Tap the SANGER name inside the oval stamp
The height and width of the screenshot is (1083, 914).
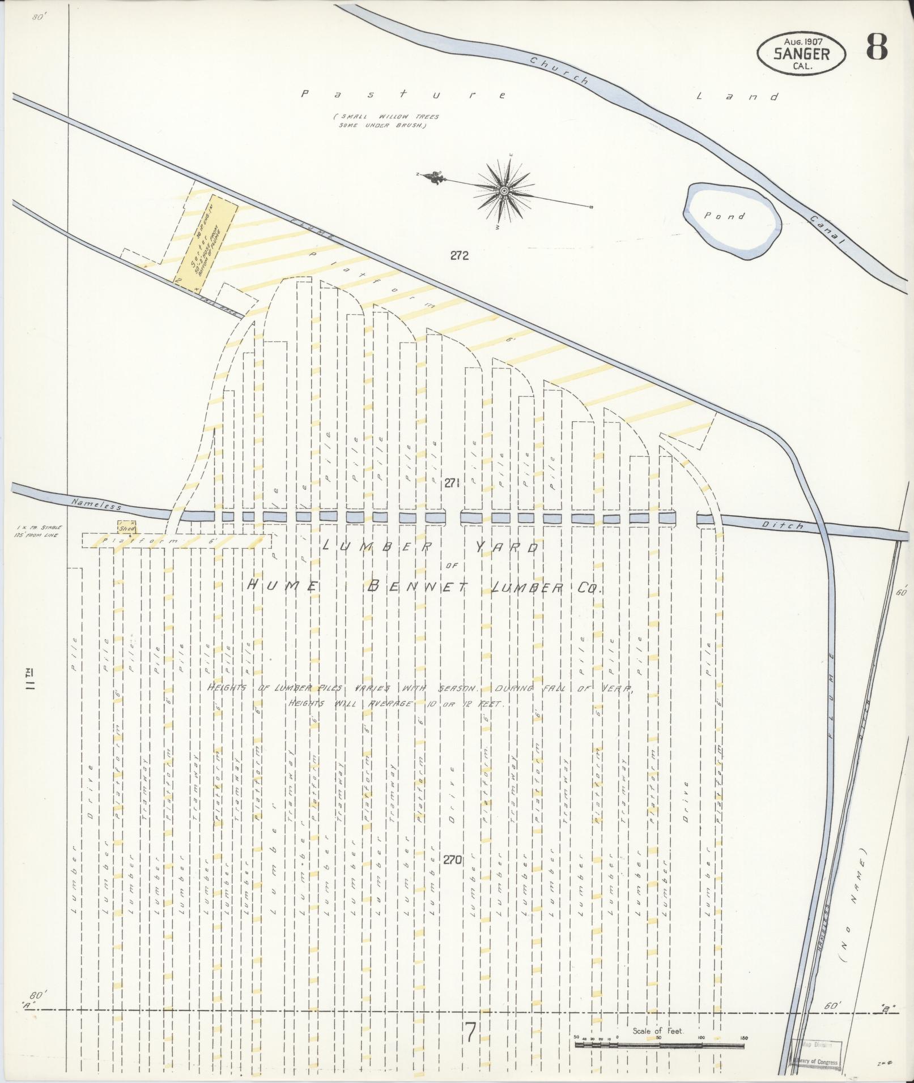pyautogui.click(x=801, y=54)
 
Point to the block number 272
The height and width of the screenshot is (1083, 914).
pyautogui.click(x=460, y=255)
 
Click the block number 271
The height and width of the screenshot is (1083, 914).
pyautogui.click(x=451, y=482)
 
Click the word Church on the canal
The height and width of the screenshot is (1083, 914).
pyautogui.click(x=559, y=71)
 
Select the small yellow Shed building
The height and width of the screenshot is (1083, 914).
pyautogui.click(x=126, y=526)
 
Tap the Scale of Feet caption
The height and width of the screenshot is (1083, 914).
pyautogui.click(x=658, y=1031)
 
